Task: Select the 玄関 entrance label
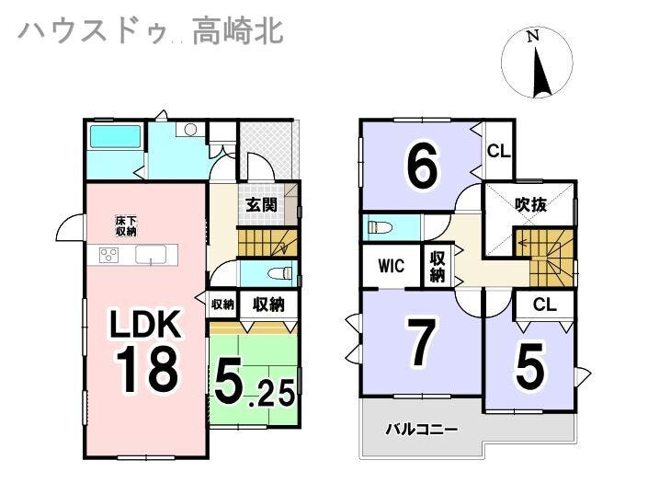(x=261, y=205)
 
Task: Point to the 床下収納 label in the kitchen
(x=126, y=225)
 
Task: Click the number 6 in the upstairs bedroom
(x=422, y=167)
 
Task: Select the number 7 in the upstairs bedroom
(x=420, y=343)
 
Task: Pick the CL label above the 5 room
(x=544, y=305)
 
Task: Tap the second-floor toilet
(x=378, y=226)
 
